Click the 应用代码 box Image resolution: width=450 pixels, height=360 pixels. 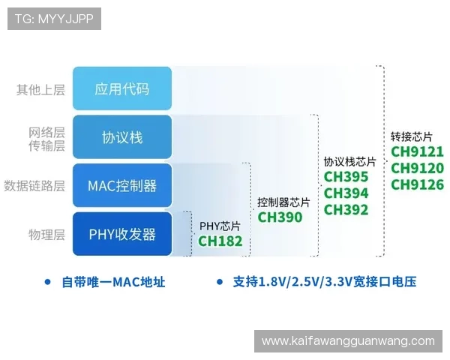121,89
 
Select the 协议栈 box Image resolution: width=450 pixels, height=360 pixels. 121,137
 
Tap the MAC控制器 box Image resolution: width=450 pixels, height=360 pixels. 121,185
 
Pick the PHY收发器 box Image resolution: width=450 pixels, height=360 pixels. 121,234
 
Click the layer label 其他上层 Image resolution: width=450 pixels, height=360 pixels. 40,90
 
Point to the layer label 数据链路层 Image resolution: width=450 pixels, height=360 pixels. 34,185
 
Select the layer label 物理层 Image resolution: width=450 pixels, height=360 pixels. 46,235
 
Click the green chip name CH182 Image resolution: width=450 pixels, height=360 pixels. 220,241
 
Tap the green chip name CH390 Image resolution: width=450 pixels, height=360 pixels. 280,217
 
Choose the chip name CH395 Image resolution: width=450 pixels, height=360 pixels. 346,177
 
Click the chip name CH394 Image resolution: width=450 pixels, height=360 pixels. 346,193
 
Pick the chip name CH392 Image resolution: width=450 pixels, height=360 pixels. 346,210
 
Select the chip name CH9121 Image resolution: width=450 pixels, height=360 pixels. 417,151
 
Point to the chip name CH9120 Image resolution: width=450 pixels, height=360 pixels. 417,168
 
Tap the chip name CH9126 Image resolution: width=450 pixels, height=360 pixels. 417,184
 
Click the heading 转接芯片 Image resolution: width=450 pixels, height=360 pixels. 412,137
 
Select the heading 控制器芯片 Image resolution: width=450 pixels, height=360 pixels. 283,202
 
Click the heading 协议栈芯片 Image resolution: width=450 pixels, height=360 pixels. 349,162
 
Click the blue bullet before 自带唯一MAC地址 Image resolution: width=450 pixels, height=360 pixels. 47,282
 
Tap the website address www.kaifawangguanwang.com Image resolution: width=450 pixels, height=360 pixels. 348,341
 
